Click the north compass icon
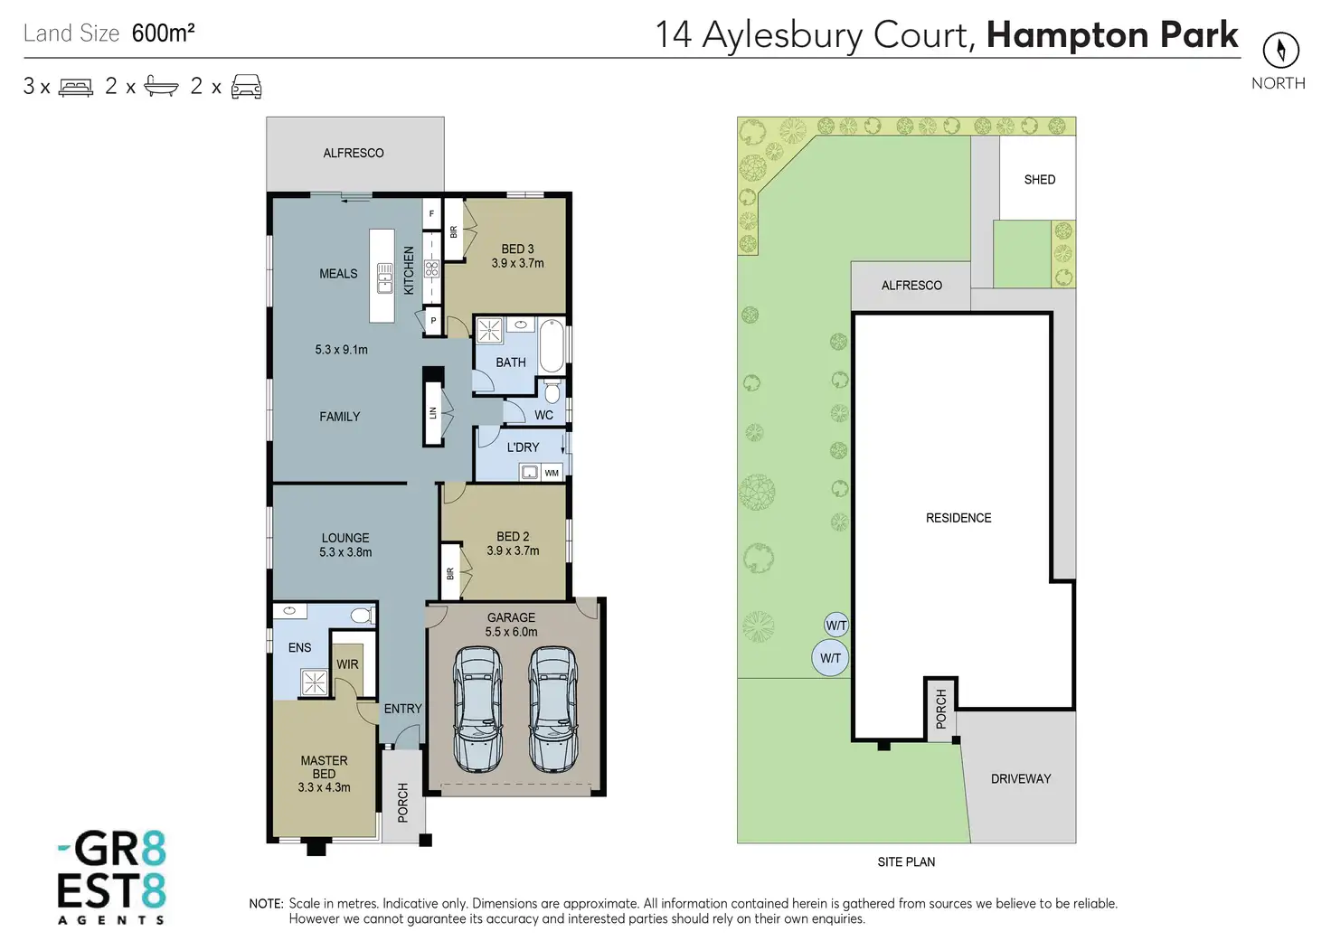click(1280, 50)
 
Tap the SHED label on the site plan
click(1039, 180)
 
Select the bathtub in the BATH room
click(552, 347)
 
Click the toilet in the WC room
click(552, 391)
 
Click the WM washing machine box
click(552, 473)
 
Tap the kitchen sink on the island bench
click(384, 278)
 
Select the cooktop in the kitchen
click(431, 268)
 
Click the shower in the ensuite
click(314, 682)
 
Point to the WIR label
click(347, 664)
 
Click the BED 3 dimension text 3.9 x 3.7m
click(517, 264)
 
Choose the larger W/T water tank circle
click(830, 658)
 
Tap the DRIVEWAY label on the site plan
click(1021, 779)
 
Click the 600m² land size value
click(164, 33)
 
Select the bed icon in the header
click(76, 88)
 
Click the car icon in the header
click(246, 87)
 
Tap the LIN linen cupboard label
click(433, 413)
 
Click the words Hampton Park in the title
click(1111, 35)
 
